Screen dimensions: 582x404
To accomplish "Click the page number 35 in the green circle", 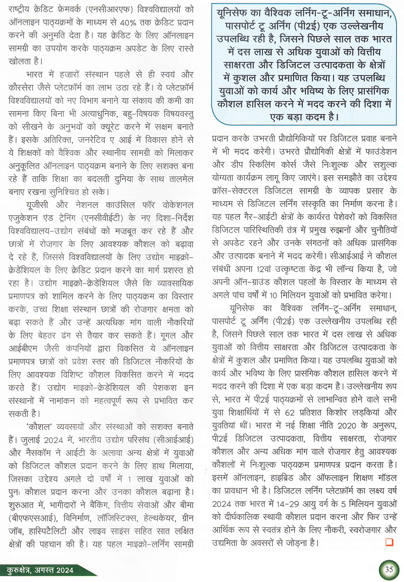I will click(x=389, y=569).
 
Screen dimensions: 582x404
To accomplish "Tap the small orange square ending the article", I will click(x=389, y=542).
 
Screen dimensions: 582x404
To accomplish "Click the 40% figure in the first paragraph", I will click(x=130, y=22).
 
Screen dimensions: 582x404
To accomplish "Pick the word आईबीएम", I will click(x=23, y=348).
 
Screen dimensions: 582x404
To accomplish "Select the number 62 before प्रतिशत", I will click(x=290, y=412).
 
